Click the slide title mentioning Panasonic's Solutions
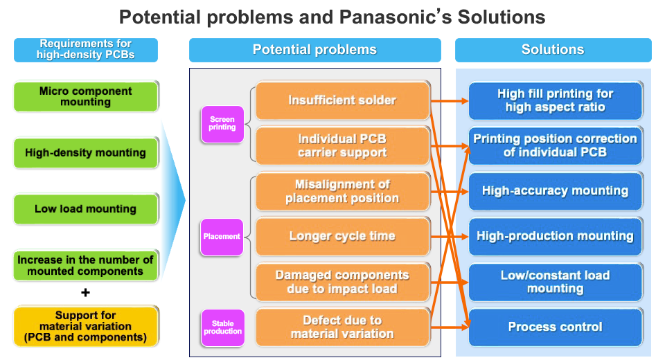(332, 17)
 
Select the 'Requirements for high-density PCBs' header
(86, 50)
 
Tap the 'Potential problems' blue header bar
(314, 50)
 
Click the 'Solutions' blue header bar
(552, 50)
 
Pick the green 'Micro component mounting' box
(86, 96)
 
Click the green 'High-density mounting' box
(86, 152)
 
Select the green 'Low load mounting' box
(86, 208)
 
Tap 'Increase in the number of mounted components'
(86, 265)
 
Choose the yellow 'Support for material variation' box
(86, 327)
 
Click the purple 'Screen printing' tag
(222, 123)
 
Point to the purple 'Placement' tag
(222, 236)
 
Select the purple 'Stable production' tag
(222, 327)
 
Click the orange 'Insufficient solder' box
(342, 100)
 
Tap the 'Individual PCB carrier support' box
(342, 145)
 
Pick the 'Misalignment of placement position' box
(342, 191)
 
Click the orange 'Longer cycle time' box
(342, 236)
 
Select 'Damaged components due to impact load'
(342, 282)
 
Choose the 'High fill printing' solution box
(555, 100)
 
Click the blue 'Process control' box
(555, 327)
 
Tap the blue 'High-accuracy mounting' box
(555, 191)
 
